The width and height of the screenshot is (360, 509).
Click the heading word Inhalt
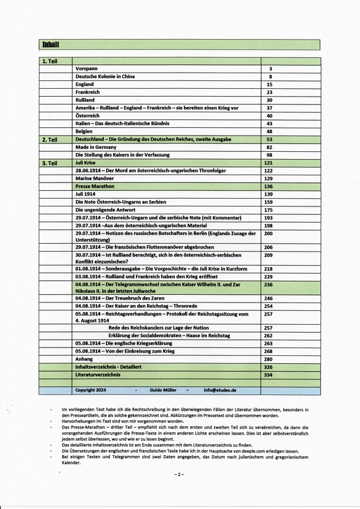50,44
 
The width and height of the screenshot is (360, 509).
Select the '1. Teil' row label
49,61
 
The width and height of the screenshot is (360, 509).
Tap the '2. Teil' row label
49,139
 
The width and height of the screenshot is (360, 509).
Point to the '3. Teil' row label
49,163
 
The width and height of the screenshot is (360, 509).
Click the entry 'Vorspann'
88,69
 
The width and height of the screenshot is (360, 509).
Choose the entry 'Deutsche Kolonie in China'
106,77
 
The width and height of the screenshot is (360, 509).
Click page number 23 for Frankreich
269,92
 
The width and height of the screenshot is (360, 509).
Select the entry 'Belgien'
84,131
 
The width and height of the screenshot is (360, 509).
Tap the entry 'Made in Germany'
95,147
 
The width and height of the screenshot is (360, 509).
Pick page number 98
269,155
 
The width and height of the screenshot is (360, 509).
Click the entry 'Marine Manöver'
95,179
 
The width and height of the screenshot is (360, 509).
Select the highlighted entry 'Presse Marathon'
95,187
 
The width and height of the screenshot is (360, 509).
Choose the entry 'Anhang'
84,359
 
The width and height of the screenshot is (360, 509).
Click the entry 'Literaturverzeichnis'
98,375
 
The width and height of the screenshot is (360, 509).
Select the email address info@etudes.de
220,390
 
